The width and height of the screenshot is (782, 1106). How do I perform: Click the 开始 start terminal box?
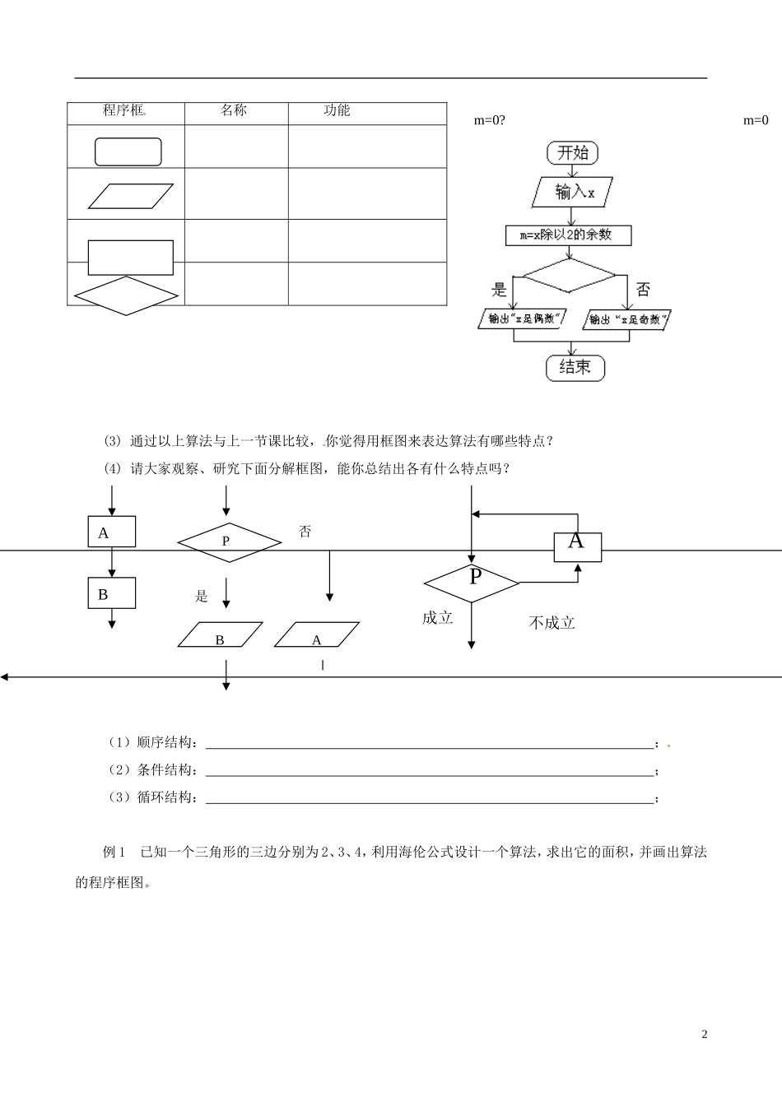pos(573,153)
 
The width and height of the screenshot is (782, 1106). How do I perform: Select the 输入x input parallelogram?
pos(574,193)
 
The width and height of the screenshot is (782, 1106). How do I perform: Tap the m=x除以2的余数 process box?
pos(569,235)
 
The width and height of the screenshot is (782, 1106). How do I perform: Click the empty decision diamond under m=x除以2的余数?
pos(570,275)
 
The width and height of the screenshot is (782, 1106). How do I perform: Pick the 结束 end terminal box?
pos(575,367)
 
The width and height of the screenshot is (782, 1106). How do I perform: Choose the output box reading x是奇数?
pos(627,319)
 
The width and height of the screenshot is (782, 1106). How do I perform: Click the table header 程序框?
pos(124,111)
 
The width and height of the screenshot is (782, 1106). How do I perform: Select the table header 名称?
pos(234,111)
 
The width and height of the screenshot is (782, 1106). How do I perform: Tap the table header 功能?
pos(337,111)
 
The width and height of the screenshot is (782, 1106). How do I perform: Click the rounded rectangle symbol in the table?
pos(128,151)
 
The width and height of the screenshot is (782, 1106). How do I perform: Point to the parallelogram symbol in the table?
pos(132,196)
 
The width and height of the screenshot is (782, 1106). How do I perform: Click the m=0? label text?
pos(490,121)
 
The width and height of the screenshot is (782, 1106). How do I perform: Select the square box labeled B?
pos(111,593)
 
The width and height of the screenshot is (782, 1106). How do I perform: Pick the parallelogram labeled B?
pos(221,635)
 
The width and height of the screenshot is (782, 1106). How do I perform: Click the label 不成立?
pos(552,623)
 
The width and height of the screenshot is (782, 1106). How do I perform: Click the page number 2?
pos(704,1034)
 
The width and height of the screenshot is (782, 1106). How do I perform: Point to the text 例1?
pos(113,853)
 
